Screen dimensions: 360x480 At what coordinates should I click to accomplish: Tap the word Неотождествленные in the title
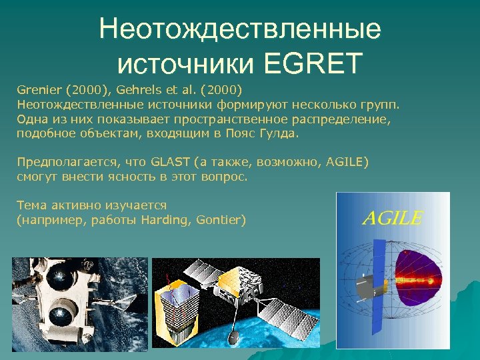coord(240,29)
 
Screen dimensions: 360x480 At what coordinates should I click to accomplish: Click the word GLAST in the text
coord(171,162)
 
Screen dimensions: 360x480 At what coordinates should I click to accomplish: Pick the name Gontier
coord(219,219)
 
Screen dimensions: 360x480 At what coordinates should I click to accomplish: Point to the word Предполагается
coord(59,162)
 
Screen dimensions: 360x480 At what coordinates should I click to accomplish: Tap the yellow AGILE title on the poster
coord(392,217)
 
